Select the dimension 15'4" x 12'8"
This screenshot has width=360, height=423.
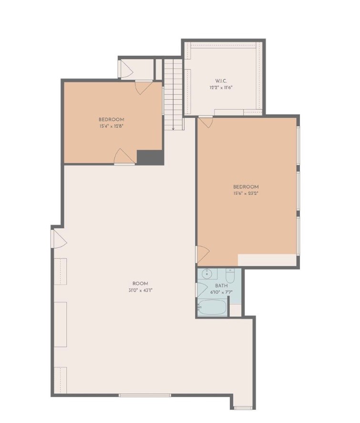click(x=112, y=127)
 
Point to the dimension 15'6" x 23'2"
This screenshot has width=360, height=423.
click(x=246, y=194)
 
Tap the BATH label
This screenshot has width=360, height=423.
click(x=221, y=286)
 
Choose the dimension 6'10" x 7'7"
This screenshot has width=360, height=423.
click(x=221, y=292)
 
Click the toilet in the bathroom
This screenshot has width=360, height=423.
click(x=230, y=277)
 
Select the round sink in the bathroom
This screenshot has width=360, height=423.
click(x=207, y=274)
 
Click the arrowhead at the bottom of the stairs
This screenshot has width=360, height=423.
click(x=174, y=128)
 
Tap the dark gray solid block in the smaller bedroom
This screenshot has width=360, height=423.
click(x=150, y=157)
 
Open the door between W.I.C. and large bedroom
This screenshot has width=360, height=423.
click(x=206, y=123)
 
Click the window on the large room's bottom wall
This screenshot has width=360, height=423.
click(x=144, y=395)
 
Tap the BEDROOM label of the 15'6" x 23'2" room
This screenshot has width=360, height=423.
click(x=246, y=187)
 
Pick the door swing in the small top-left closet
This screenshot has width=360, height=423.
click(x=126, y=70)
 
